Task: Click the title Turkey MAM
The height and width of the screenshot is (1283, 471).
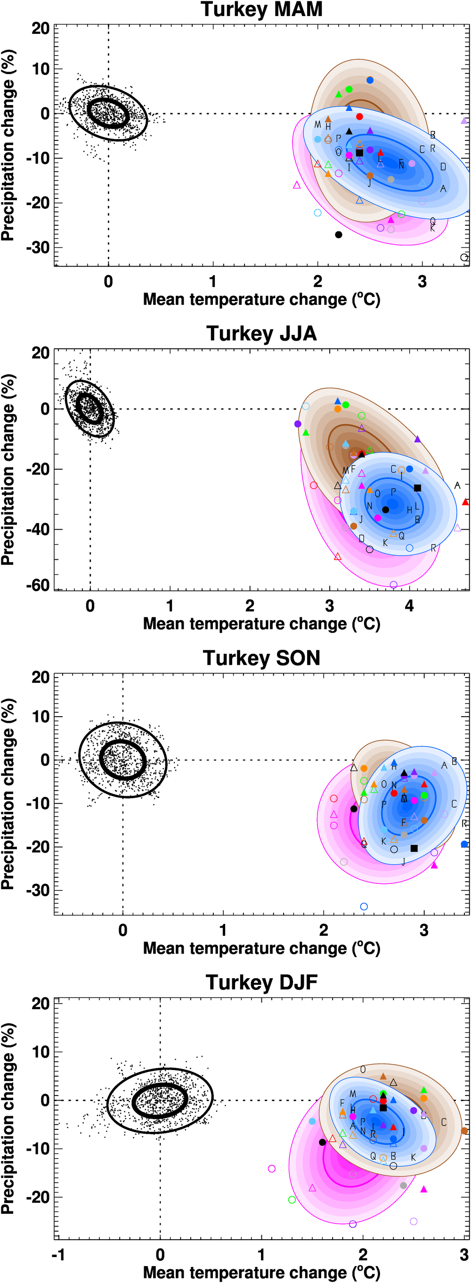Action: point(261,9)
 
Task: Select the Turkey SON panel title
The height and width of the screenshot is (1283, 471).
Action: point(261,658)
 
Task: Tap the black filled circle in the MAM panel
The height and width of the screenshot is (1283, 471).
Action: point(339,235)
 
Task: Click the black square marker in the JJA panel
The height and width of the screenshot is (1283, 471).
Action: point(417,488)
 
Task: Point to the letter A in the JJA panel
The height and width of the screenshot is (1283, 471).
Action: point(457,485)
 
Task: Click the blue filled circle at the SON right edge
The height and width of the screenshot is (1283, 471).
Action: point(464,844)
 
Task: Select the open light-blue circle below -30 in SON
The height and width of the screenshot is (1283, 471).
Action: point(364,907)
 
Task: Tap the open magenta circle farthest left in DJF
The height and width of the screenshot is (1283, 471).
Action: point(271,1169)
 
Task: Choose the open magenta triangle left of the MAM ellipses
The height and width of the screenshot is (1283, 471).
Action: point(297,185)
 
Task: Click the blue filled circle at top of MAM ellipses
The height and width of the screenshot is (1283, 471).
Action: point(370,80)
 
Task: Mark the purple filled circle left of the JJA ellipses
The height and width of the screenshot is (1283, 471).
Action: point(298,424)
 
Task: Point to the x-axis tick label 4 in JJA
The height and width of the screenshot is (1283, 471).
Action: point(409,606)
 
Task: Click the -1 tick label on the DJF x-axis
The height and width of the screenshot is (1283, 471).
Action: point(58,1255)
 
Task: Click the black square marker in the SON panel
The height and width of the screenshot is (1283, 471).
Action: point(414,848)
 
